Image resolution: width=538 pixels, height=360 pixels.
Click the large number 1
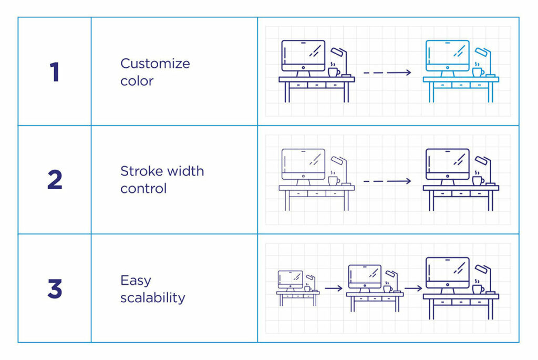point(54,72)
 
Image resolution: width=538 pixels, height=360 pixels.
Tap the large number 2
point(55,180)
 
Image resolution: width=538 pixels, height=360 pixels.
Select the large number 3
point(55,289)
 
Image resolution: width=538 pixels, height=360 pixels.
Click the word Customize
point(155,64)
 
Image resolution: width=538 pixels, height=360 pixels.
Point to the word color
point(137,81)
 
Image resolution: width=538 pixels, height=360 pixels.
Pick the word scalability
point(152,298)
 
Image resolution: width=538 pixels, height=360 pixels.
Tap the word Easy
point(136,281)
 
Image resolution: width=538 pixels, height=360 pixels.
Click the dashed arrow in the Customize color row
point(387,73)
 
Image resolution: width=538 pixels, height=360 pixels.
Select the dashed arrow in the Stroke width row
point(387,181)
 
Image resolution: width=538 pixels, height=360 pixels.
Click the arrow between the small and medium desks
point(333,288)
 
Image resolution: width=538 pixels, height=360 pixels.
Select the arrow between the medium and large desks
point(413,288)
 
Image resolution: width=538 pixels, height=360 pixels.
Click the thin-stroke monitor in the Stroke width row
point(303,164)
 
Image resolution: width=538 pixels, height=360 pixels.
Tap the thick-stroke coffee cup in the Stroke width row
point(477,180)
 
